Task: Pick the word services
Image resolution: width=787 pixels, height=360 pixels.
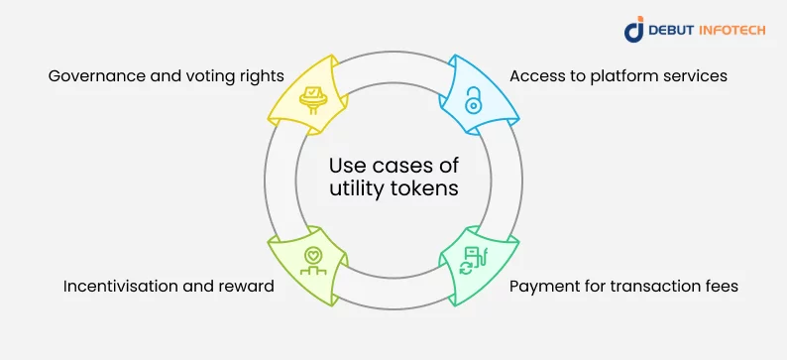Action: [695, 76]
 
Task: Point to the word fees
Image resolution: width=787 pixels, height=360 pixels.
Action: [720, 287]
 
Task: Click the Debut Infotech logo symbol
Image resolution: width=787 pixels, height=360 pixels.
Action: [634, 30]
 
